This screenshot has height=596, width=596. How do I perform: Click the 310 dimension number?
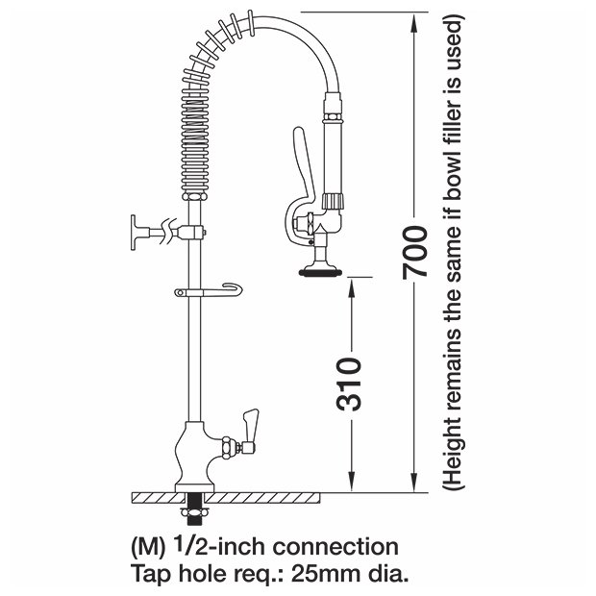(x=349, y=385)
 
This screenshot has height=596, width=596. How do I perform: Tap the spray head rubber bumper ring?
(x=318, y=272)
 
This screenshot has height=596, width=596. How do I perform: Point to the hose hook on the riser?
(x=209, y=290)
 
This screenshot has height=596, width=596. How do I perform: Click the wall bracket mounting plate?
(x=133, y=233)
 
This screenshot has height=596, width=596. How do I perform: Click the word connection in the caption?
(x=335, y=547)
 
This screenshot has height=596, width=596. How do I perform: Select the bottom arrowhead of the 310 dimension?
(x=351, y=483)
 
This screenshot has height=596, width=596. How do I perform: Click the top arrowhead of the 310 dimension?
(x=351, y=286)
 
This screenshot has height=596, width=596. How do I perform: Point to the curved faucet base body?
(x=194, y=457)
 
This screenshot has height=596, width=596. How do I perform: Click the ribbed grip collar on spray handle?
(x=335, y=201)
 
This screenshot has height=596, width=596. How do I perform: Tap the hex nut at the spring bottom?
(x=194, y=196)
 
